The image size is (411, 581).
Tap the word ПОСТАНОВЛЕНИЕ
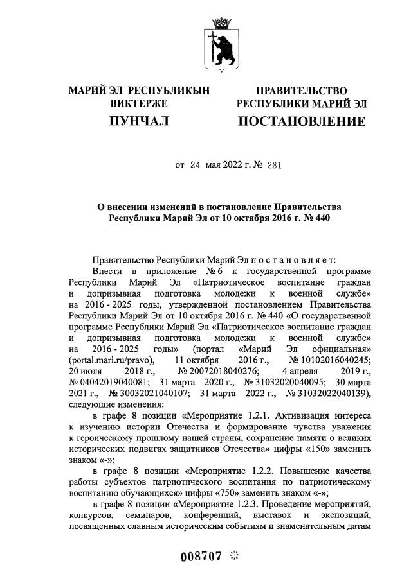coord(302,121)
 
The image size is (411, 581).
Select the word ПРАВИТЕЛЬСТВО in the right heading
coord(302,91)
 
